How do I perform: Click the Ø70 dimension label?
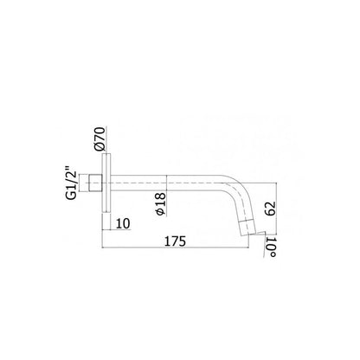(x=99, y=138)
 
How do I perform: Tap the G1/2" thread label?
(x=71, y=183)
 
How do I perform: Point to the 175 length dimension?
(x=175, y=241)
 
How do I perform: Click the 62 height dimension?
(x=271, y=209)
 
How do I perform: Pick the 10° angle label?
(x=271, y=247)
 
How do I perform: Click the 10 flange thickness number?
(x=123, y=223)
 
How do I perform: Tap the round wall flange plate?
(x=106, y=183)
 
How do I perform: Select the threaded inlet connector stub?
(x=95, y=183)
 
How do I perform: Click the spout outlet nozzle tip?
(x=247, y=228)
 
